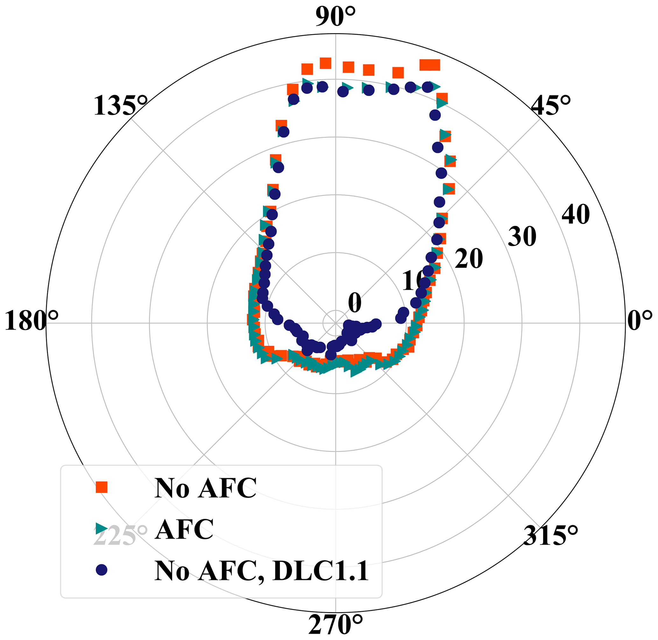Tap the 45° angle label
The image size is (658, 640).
[x=551, y=105]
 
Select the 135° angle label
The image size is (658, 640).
[x=120, y=106]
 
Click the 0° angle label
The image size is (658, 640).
[x=640, y=320]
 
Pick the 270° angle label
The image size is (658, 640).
[x=336, y=625]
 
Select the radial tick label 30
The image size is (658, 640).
[x=522, y=237]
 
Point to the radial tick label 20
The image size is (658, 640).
[x=469, y=259]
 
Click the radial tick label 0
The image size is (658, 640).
[x=355, y=303]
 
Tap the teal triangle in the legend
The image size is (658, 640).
[x=101, y=528]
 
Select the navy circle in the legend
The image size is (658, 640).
[x=101, y=569]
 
